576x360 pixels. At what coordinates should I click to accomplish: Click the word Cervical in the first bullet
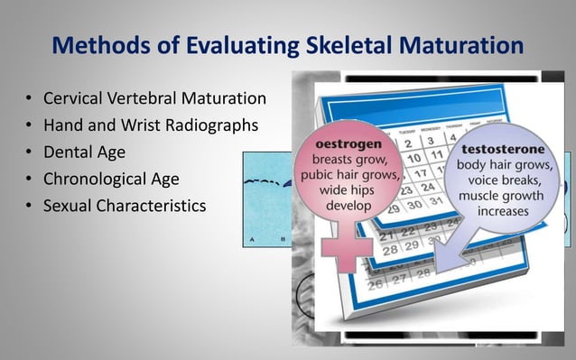[x=73, y=98]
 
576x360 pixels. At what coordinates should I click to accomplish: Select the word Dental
[x=68, y=152]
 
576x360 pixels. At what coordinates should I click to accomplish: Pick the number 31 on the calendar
[x=411, y=204]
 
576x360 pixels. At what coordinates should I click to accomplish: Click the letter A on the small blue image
[x=252, y=239]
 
